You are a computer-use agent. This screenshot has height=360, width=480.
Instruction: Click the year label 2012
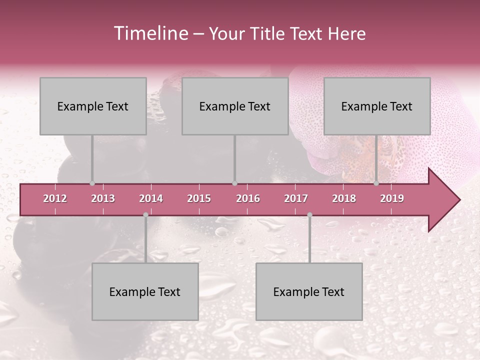(55, 198)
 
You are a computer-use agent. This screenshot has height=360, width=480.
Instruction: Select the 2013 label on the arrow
(103, 198)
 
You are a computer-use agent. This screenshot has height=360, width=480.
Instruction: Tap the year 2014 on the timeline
(151, 198)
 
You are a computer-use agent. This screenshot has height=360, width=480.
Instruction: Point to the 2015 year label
(199, 198)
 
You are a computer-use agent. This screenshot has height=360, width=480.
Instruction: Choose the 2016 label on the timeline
(248, 198)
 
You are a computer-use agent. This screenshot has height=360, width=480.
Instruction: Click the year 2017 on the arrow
(296, 198)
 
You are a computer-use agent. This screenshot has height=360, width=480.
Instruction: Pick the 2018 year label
(344, 198)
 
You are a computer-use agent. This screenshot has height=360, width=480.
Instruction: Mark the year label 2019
(392, 198)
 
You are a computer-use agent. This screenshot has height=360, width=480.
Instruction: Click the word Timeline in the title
(150, 33)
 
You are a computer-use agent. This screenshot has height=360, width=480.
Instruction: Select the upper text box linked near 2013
(93, 106)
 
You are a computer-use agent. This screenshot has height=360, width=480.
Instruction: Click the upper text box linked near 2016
(235, 106)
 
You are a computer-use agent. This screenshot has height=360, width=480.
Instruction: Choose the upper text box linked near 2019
(377, 106)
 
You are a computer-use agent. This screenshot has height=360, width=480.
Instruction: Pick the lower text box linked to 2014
(145, 291)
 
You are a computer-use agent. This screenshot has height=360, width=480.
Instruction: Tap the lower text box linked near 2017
(309, 291)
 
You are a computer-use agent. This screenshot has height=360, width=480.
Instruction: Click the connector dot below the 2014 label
(145, 214)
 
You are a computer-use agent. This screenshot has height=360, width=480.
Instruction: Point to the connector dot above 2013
(92, 183)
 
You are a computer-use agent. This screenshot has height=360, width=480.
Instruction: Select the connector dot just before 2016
(234, 183)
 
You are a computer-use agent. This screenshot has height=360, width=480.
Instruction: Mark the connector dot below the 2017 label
(309, 214)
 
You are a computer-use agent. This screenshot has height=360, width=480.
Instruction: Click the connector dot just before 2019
(376, 183)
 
